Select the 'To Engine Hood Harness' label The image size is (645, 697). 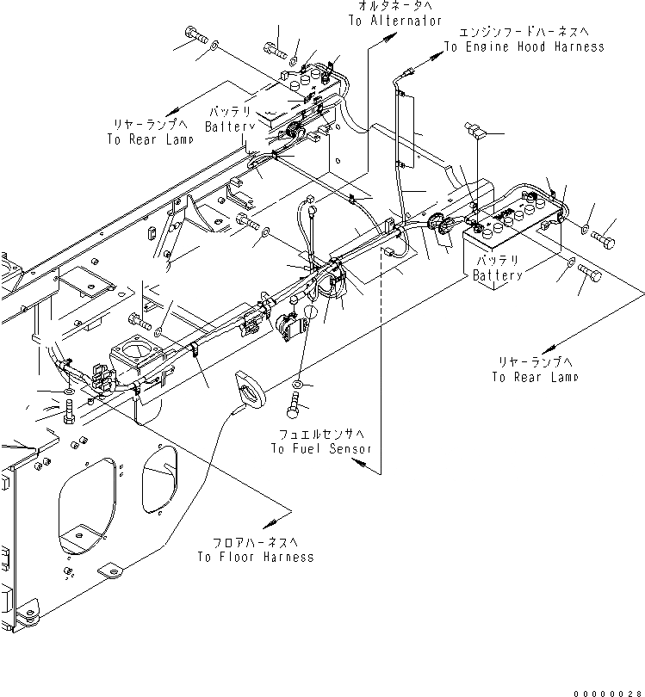pyautogui.click(x=524, y=47)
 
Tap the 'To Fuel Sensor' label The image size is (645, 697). pyautogui.click(x=321, y=448)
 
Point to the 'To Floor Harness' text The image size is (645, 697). pyautogui.click(x=255, y=557)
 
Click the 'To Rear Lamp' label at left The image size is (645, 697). pyautogui.click(x=143, y=139)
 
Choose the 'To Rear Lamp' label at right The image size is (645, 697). pyautogui.click(x=535, y=377)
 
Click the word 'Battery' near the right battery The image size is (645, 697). pyautogui.click(x=497, y=275)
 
